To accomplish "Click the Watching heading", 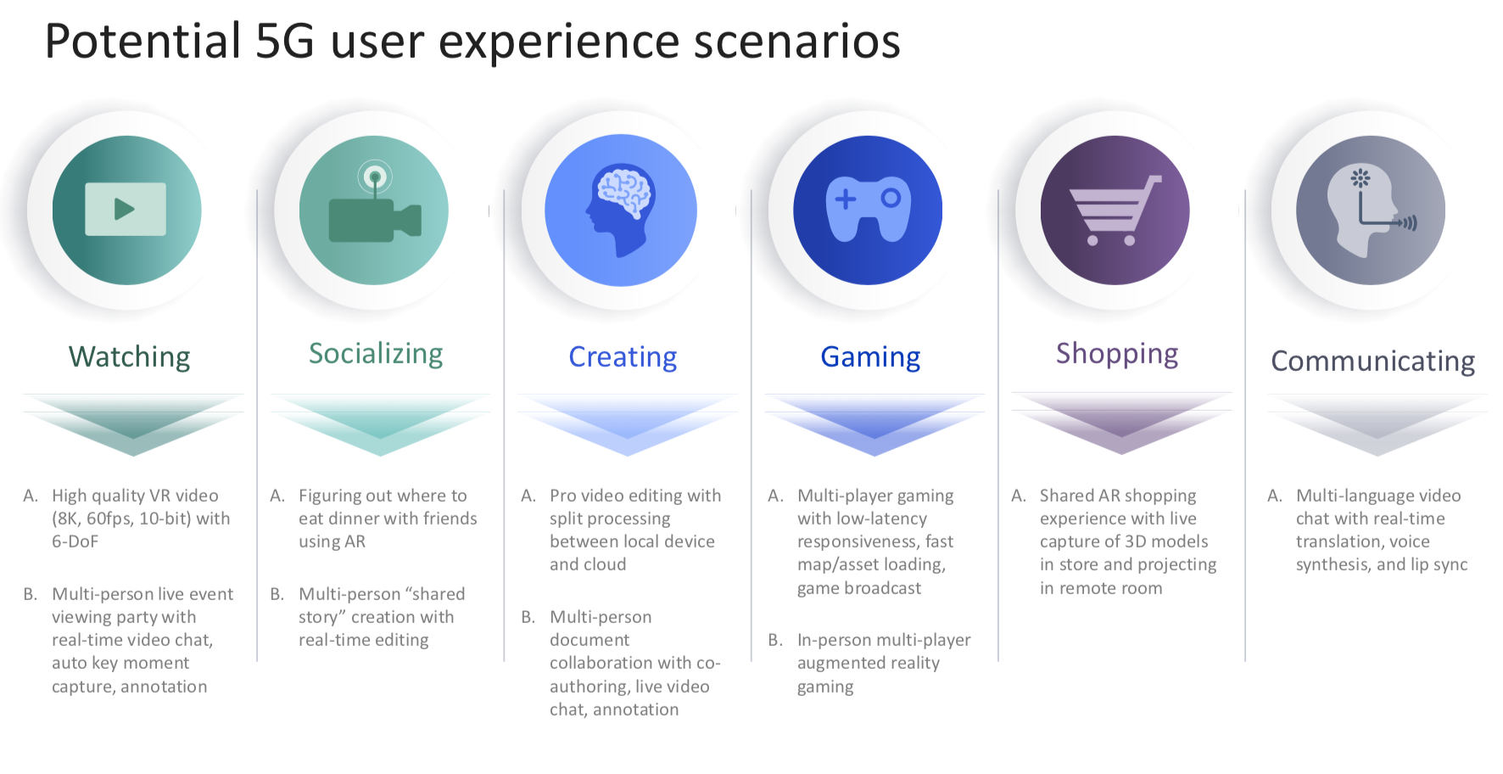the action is tap(129, 357).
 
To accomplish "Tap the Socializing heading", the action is tap(376, 354).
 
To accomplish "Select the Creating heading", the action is tap(623, 357).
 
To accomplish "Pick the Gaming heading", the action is tap(870, 357).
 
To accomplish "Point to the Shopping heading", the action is tap(1117, 354).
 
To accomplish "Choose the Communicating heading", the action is tap(1372, 362).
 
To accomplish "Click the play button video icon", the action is tap(126, 209).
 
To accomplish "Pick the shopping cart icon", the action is tap(1115, 210).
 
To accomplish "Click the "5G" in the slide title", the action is tap(285, 41).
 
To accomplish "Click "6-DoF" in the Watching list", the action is tap(75, 541).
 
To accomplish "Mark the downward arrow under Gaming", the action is tap(874, 424).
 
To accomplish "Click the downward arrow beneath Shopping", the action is tap(1121, 424).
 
